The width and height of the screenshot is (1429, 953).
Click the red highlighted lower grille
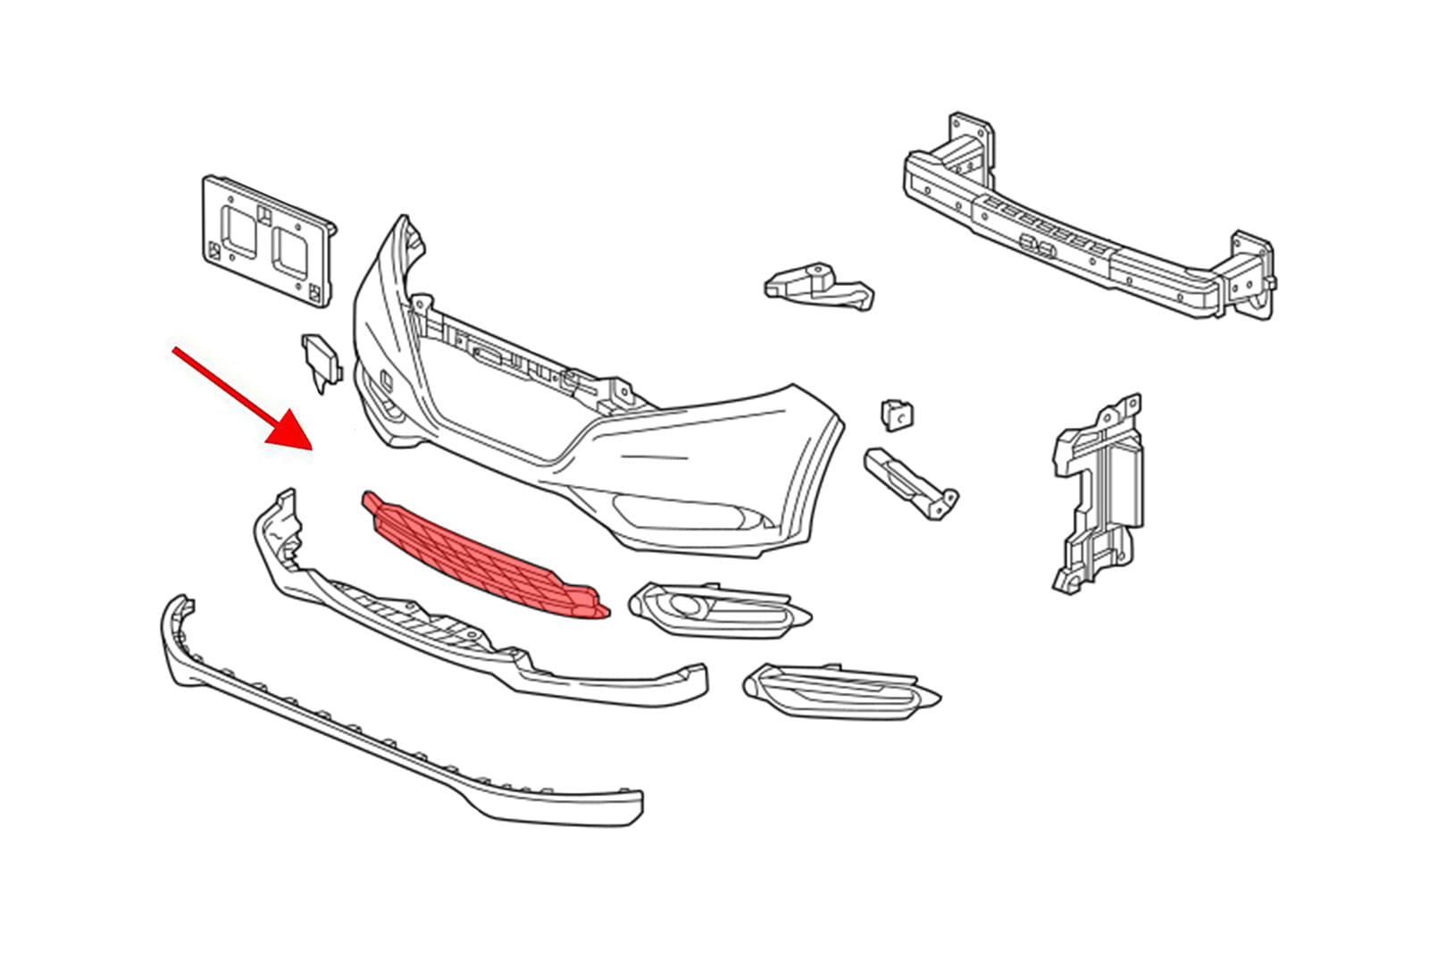482,554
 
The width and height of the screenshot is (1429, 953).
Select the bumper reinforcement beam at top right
1072,223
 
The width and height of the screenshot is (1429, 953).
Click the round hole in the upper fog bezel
688,607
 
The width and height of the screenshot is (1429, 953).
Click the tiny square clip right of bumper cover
897,414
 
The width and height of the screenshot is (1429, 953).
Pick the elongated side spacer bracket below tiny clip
911,482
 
